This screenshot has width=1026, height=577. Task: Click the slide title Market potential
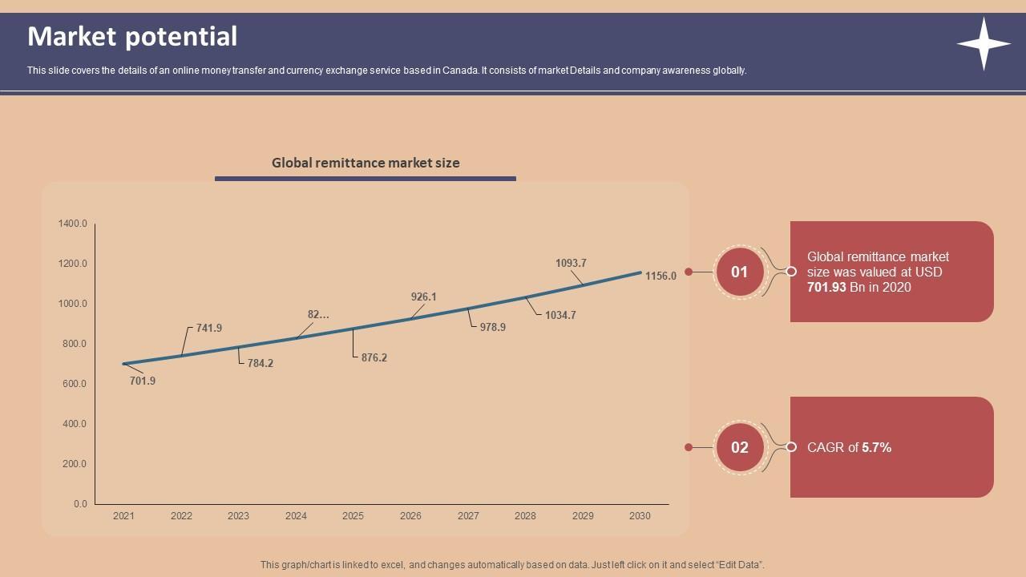(x=132, y=37)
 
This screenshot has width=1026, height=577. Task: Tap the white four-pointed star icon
(x=984, y=44)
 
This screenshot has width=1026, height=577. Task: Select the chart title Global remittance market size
(x=366, y=163)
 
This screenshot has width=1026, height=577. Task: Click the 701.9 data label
(x=143, y=381)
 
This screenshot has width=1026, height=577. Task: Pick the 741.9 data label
(x=209, y=329)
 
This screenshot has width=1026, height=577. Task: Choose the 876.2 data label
(x=374, y=358)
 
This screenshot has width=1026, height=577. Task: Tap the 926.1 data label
(x=423, y=297)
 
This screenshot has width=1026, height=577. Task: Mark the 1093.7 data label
(x=571, y=264)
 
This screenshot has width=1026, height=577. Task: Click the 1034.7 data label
(x=560, y=316)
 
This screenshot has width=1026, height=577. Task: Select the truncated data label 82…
(x=318, y=315)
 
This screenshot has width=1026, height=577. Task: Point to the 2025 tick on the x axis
(x=353, y=516)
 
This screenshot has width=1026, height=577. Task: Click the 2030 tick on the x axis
(x=640, y=516)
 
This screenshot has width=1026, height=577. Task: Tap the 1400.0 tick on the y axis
(x=72, y=224)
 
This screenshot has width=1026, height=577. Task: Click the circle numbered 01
(x=739, y=272)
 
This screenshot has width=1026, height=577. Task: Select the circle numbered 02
(x=739, y=447)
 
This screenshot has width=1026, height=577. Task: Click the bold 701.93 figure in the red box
(x=826, y=288)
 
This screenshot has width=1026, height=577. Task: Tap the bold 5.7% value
(x=876, y=448)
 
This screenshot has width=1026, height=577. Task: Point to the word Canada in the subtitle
(x=461, y=71)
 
